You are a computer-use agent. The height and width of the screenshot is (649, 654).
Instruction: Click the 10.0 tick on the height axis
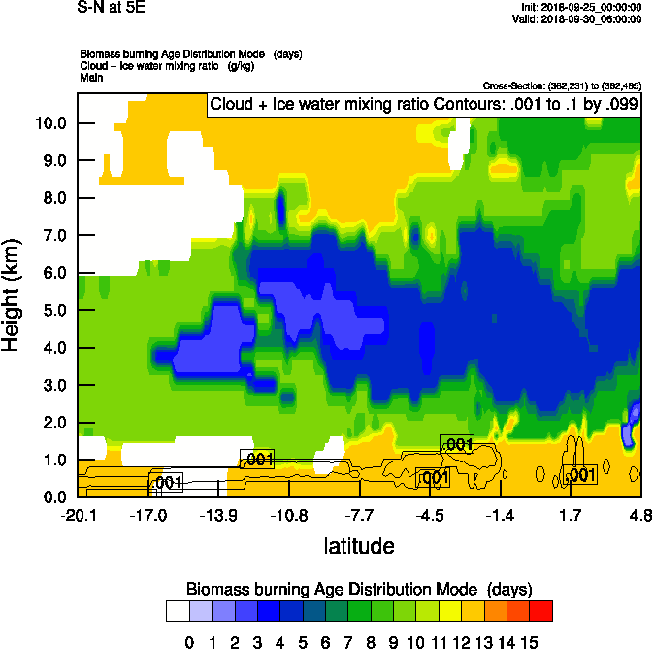pyautogui.click(x=49, y=123)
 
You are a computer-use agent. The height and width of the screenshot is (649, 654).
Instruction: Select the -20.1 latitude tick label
pyautogui.click(x=78, y=515)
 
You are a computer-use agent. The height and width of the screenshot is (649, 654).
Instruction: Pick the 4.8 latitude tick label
pyautogui.click(x=640, y=515)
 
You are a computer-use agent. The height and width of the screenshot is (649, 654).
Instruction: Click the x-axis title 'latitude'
pyautogui.click(x=359, y=546)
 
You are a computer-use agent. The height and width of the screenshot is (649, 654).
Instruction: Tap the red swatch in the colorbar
pyautogui.click(x=541, y=611)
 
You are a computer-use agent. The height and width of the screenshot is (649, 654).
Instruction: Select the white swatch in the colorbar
pyautogui.click(x=179, y=611)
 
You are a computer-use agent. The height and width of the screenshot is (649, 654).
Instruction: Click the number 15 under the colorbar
pyautogui.click(x=530, y=641)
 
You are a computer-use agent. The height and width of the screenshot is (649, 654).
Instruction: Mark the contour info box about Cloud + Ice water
pyautogui.click(x=424, y=105)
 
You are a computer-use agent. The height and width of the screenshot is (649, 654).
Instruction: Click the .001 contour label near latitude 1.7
pyautogui.click(x=580, y=475)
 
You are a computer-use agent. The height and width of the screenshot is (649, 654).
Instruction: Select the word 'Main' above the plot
pyautogui.click(x=91, y=76)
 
